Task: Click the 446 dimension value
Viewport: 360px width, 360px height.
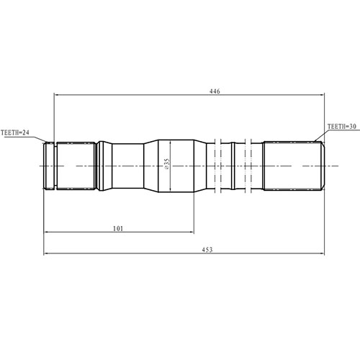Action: coord(215,91)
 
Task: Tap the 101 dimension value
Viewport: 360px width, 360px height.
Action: coord(119,228)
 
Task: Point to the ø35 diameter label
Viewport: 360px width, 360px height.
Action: coord(166,165)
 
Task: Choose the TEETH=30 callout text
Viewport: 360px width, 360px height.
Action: coord(342,127)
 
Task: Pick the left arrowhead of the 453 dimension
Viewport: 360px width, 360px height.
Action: coord(48,253)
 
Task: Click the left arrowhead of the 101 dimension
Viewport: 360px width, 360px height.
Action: coord(48,233)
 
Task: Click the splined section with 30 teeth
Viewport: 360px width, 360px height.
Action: coord(292,166)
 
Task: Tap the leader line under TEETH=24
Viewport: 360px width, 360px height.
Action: coord(29,140)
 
